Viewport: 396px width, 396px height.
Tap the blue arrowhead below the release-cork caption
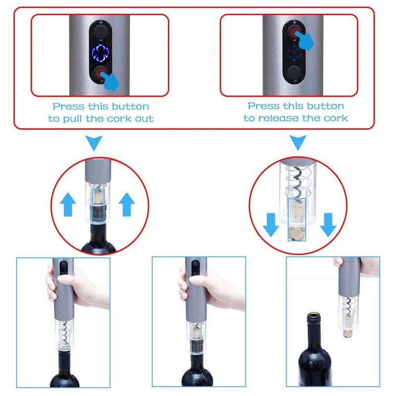coord(297,144)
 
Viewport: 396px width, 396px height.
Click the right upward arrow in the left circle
coord(128,203)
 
